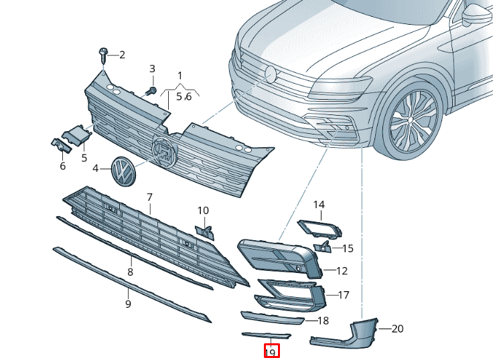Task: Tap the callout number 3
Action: (x=152, y=69)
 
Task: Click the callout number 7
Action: (x=150, y=197)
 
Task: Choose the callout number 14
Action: (x=319, y=204)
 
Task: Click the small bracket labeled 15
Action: (x=324, y=247)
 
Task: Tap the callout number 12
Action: (x=342, y=271)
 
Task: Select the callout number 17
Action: (x=344, y=294)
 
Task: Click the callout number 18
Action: (x=323, y=321)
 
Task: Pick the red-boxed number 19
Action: (x=271, y=351)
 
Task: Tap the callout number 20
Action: (x=397, y=329)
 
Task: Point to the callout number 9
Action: (x=128, y=304)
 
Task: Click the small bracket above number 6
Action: (x=59, y=145)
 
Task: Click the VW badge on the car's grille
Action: (x=271, y=74)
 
